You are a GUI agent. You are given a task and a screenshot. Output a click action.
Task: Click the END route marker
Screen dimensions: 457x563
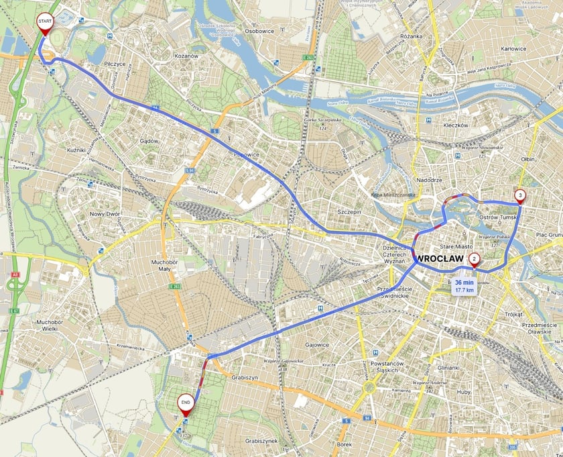186,403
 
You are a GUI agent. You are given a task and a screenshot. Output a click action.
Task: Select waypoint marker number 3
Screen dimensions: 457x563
519,196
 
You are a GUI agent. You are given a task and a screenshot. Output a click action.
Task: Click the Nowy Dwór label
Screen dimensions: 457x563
104,214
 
